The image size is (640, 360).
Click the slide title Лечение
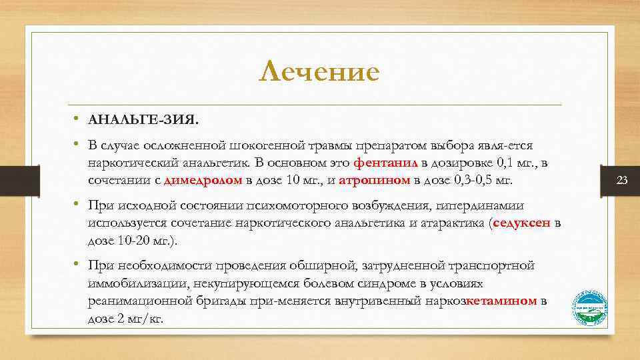point(319,71)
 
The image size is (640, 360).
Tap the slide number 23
point(623,181)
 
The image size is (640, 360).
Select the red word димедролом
point(203,180)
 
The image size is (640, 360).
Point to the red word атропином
point(370,180)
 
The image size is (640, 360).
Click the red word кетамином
point(502,301)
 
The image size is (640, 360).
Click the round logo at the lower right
point(591,307)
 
